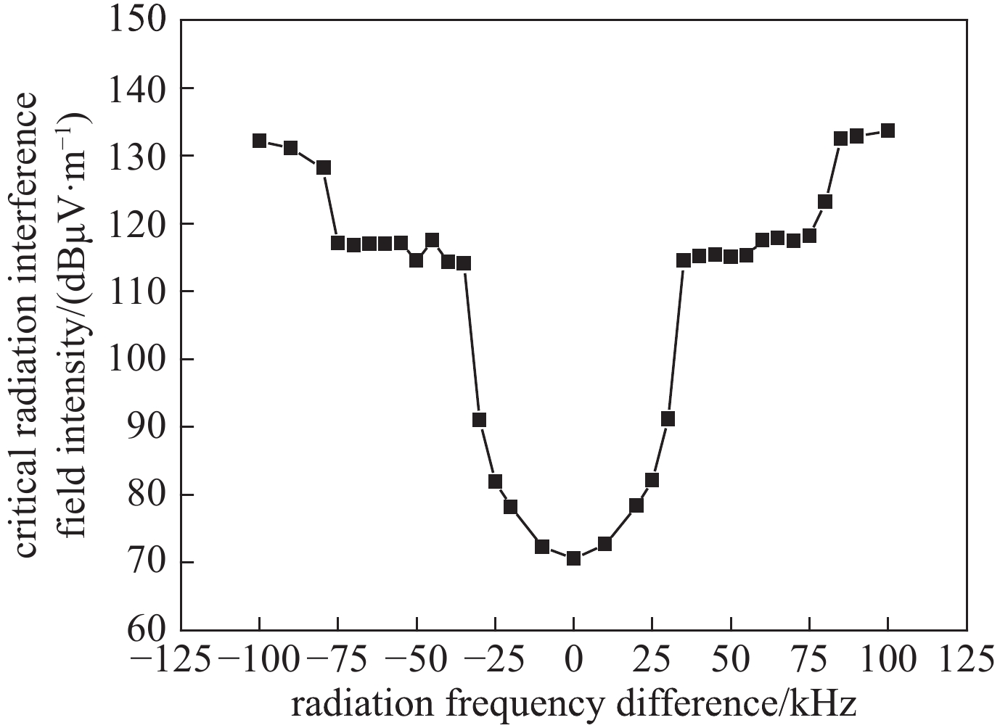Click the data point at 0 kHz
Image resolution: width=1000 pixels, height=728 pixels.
[x=573, y=558]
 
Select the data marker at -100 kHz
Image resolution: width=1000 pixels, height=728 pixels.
[x=259, y=140]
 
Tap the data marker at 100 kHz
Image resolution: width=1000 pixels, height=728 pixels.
[x=888, y=131]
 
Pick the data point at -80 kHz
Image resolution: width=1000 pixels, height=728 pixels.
[x=324, y=167]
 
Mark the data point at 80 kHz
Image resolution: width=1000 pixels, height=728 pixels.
[x=824, y=201]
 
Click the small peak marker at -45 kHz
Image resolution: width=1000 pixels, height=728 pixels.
[x=432, y=240]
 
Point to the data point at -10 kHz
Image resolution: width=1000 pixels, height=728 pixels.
[x=542, y=546]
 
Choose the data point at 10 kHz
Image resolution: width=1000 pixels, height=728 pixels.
[x=604, y=543]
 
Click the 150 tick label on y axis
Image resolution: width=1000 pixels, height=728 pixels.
[x=137, y=20]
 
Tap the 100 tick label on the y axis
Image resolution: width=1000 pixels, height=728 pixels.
[x=137, y=359]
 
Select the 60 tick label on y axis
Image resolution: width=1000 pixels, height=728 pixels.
[x=147, y=629]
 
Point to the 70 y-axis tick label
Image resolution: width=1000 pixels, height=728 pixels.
[x=147, y=562]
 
